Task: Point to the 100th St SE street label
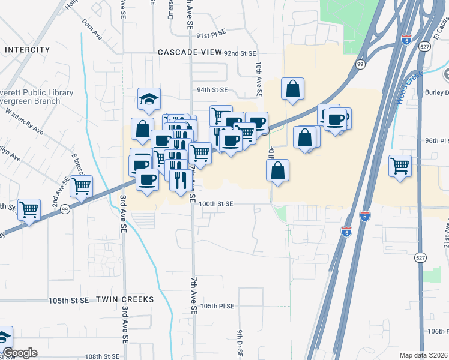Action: coord(216,204)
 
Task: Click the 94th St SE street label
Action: coord(213,90)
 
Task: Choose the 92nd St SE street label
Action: coord(240,53)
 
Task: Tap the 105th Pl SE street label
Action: coord(217,305)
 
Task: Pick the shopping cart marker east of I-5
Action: coord(400,165)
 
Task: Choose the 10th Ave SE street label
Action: coord(259,79)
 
